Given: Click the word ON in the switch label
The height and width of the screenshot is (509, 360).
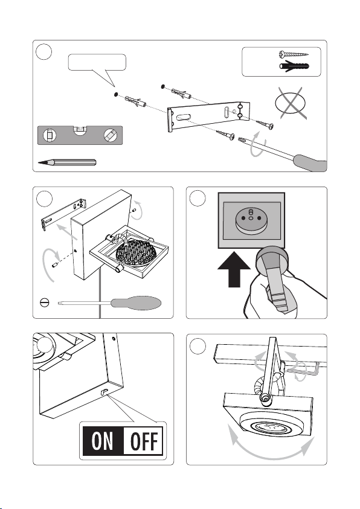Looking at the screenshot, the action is [103, 441].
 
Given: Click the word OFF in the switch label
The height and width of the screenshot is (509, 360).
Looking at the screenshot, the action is [144, 441].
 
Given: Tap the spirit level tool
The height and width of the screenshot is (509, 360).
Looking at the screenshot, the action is [80, 135].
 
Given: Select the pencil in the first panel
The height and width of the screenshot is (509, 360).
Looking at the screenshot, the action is [67, 162].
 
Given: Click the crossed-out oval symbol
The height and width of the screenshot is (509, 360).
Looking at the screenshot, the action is [290, 103].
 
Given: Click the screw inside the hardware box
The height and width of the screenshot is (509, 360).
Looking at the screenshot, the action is [294, 54].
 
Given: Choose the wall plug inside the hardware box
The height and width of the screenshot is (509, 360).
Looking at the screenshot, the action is [294, 66].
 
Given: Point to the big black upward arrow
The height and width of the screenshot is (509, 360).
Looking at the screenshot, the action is [234, 269].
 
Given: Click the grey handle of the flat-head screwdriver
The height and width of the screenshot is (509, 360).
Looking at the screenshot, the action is [136, 303].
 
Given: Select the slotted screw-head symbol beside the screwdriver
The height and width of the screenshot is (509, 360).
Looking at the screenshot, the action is [44, 303].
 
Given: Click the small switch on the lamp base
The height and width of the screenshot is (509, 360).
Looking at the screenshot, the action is [105, 392].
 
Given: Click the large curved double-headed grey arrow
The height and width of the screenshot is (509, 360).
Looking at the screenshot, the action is [272, 455].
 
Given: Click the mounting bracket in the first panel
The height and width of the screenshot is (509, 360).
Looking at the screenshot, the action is [209, 116].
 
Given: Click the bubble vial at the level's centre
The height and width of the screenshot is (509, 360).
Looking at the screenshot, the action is [80, 130].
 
